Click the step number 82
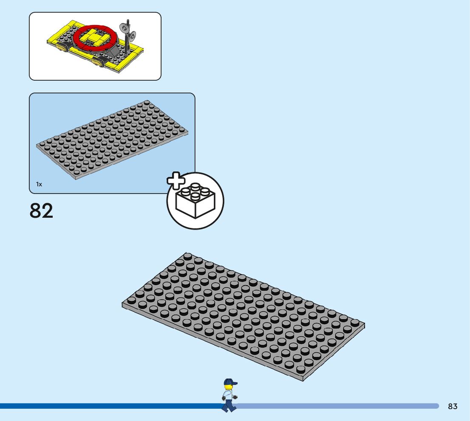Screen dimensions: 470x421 point(42,210)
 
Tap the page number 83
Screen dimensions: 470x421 point(453,406)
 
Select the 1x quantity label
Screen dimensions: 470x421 point(39,184)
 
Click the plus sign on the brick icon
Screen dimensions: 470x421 point(176,181)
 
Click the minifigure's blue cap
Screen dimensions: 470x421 point(230,382)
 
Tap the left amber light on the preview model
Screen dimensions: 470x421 point(62,50)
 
